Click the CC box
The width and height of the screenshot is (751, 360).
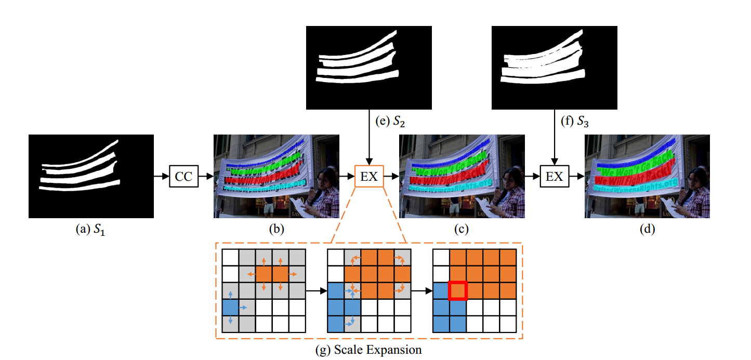pyautogui.click(x=183, y=177)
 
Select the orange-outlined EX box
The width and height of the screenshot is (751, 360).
pyautogui.click(x=368, y=177)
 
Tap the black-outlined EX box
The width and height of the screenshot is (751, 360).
pyautogui.click(x=554, y=177)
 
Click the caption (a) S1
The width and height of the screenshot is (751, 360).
pyautogui.click(x=91, y=231)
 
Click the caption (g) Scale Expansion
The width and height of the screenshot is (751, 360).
pyautogui.click(x=368, y=350)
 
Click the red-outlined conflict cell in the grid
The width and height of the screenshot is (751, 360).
pyautogui.click(x=458, y=291)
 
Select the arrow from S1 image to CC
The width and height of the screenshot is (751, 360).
pyautogui.click(x=162, y=177)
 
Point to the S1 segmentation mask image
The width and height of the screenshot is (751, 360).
pyautogui.click(x=91, y=176)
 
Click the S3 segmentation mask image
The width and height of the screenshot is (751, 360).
pyautogui.click(x=554, y=68)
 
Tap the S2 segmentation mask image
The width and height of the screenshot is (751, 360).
pyautogui.click(x=368, y=68)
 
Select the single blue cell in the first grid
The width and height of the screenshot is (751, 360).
pyautogui.click(x=230, y=308)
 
